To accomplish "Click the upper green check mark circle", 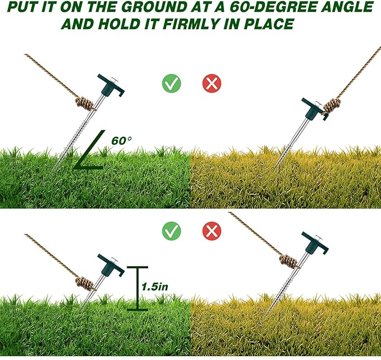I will [171, 84].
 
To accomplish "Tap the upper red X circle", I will [212, 84].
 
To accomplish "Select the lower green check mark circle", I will [171, 230].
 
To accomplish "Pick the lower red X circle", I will [212, 230].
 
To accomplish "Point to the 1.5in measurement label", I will [154, 286].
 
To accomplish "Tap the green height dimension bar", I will [137, 288].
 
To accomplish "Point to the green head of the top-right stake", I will [312, 105].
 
